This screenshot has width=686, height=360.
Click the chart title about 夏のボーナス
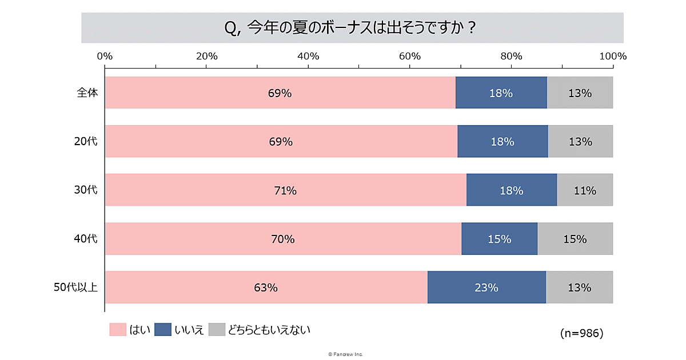[x=352, y=27]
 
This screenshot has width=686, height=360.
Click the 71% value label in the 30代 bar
[x=285, y=191]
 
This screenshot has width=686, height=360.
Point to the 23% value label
[x=486, y=287]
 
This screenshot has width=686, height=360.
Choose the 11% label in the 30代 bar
[x=585, y=191]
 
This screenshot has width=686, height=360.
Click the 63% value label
[x=266, y=287]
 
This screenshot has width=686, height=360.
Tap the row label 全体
[x=87, y=93]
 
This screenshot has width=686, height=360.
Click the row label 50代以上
[x=75, y=287]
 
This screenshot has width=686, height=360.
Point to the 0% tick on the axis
[x=105, y=56]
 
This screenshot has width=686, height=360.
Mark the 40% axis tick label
[x=308, y=56]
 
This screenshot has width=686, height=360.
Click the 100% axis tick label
[x=612, y=56]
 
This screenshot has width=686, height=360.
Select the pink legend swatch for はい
[x=117, y=330]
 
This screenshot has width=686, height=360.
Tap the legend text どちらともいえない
[x=269, y=330]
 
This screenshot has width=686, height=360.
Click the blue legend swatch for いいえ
[x=163, y=330]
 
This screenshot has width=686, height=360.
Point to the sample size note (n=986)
[x=581, y=333]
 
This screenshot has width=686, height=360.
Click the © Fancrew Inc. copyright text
[x=345, y=354]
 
